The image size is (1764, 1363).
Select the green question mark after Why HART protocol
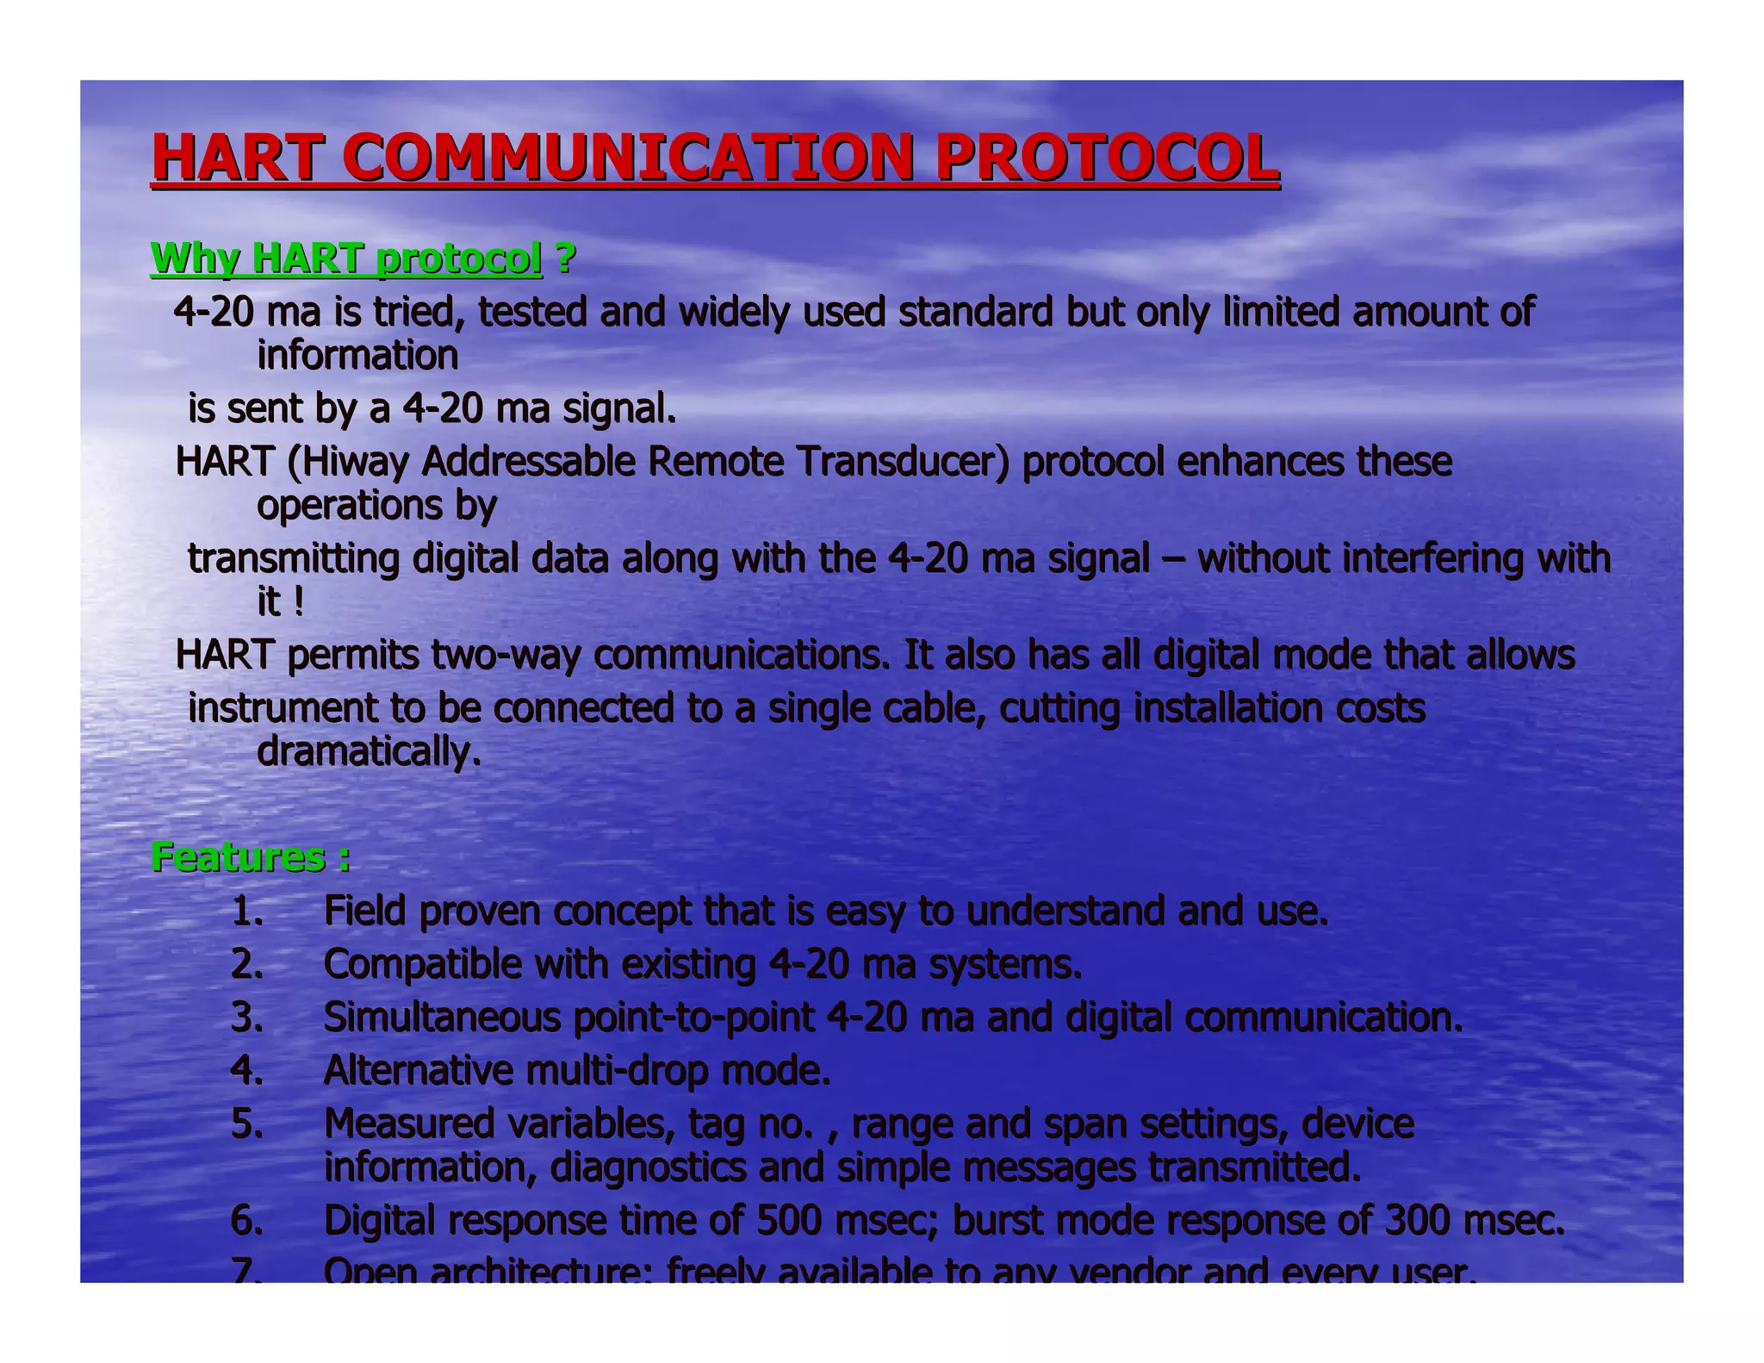(x=565, y=258)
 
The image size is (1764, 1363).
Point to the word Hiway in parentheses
(x=353, y=462)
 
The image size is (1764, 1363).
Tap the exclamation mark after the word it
(x=298, y=601)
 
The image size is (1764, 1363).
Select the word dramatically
(x=368, y=751)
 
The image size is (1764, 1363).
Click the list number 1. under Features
(x=247, y=912)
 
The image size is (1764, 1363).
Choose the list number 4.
(x=247, y=1071)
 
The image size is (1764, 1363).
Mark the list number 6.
(x=247, y=1221)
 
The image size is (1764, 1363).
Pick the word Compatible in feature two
(x=422, y=964)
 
